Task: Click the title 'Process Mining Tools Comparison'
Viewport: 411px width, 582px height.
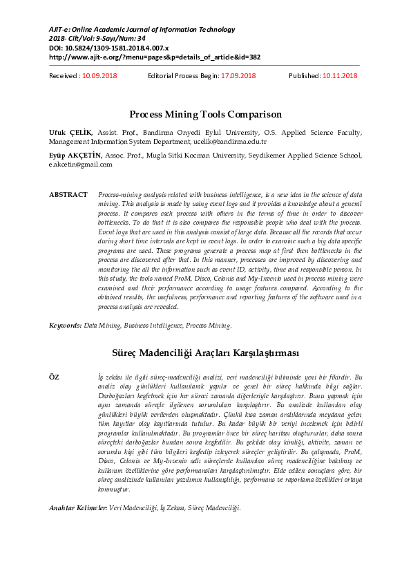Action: click(205, 114)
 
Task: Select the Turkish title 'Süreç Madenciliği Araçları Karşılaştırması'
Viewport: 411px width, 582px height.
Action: click(205, 353)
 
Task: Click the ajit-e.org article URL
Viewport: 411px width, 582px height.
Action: click(154, 58)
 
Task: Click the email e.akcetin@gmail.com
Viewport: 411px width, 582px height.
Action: click(80, 165)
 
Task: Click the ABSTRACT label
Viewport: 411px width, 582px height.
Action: click(68, 195)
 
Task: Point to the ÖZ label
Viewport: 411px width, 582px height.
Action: click(55, 375)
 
